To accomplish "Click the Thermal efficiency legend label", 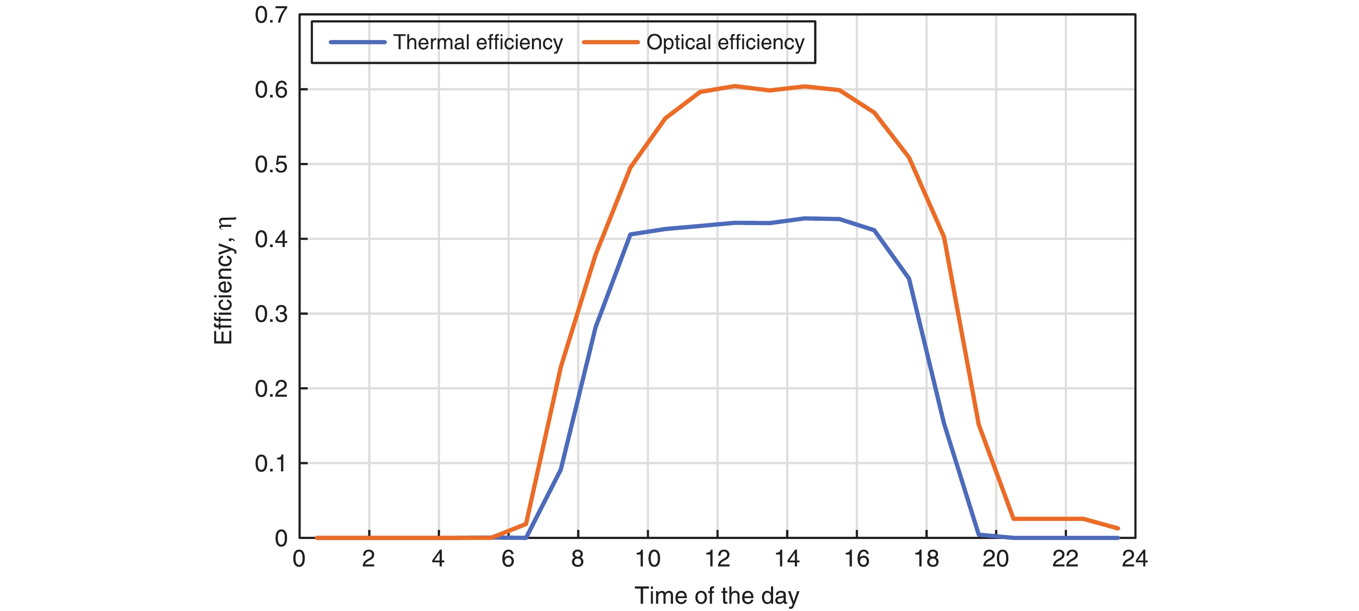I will [478, 42].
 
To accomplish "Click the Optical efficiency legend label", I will [725, 42].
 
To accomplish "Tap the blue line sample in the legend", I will [358, 42].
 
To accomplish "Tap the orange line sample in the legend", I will [610, 42].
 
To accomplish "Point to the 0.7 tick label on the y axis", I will [271, 15].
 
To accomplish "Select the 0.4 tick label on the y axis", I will [271, 239].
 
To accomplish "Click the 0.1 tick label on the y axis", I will [271, 464].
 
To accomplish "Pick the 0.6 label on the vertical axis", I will [271, 90].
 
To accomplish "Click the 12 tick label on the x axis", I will [717, 559].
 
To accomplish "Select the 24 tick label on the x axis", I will [1135, 559].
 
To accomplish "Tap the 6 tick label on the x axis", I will [508, 559].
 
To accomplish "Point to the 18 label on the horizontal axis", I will [926, 559].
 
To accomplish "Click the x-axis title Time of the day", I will [717, 596].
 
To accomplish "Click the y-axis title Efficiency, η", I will [223, 280].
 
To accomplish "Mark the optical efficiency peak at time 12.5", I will [735, 86].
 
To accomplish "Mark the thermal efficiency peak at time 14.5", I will [805, 218].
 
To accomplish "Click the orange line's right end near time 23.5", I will [1118, 528].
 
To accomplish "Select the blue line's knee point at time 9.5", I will [630, 234].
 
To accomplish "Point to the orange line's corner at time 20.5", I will [1013, 519].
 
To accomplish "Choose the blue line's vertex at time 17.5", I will [909, 279].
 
